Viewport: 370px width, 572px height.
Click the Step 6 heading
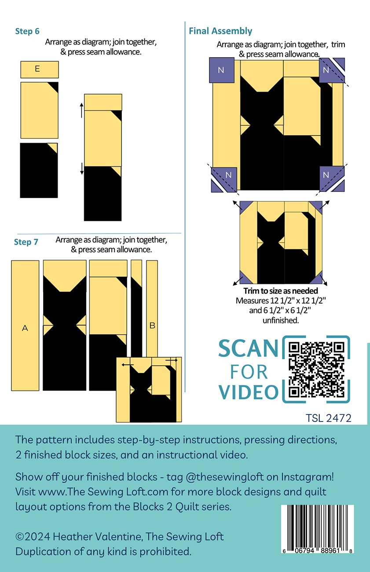(27, 31)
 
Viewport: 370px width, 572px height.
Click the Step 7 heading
(26, 242)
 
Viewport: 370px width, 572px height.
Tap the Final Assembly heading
(220, 31)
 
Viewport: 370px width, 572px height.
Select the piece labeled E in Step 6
(40, 70)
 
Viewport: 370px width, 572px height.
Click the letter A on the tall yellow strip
(25, 328)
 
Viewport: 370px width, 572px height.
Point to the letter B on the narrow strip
(152, 326)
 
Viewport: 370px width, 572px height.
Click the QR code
(316, 370)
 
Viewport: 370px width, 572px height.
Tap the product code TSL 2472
(328, 418)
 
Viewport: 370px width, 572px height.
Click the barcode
(317, 528)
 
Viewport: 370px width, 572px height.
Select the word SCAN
(248, 348)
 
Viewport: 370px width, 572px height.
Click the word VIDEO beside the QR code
(249, 392)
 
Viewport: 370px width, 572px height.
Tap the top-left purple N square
(222, 70)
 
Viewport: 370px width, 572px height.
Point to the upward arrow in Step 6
(81, 110)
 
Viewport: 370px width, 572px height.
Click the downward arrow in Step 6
(82, 169)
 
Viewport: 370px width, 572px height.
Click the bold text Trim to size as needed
(281, 291)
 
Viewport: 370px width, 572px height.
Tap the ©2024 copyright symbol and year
(33, 536)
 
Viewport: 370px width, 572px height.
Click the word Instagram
(308, 477)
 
